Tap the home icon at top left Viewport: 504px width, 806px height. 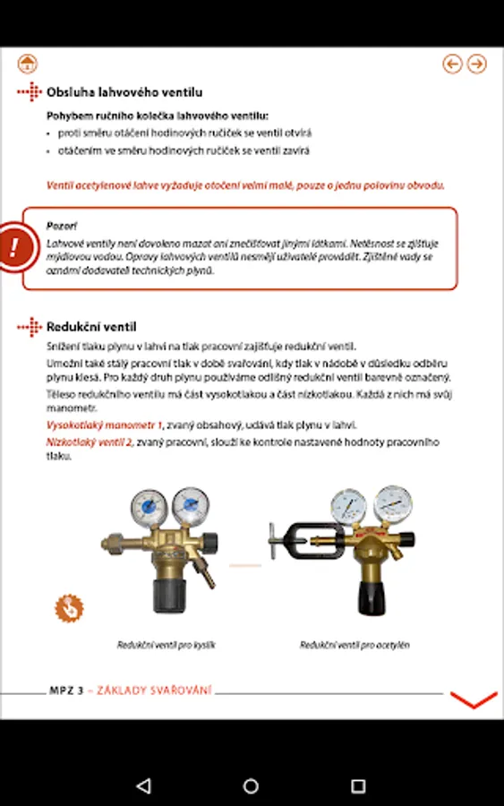(27, 64)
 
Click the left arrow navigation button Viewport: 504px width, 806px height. (452, 64)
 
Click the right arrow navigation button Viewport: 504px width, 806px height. (477, 64)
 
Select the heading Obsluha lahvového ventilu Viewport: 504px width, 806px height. (124, 92)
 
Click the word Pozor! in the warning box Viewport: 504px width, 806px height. (62, 226)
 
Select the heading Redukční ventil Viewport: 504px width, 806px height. (91, 327)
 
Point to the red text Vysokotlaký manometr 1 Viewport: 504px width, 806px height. (105, 425)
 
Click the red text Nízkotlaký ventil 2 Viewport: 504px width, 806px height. (90, 442)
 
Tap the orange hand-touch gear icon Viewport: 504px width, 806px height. (69, 608)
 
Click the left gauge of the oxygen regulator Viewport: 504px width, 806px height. (149, 508)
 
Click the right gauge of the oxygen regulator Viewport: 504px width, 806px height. (191, 505)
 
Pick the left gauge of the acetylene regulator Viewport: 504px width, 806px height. (348, 506)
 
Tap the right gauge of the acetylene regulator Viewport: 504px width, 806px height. (393, 503)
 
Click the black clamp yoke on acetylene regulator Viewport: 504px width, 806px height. (308, 541)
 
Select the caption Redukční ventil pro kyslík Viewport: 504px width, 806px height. (166, 645)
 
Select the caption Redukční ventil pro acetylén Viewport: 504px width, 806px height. (355, 645)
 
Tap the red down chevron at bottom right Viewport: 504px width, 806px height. (474, 699)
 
